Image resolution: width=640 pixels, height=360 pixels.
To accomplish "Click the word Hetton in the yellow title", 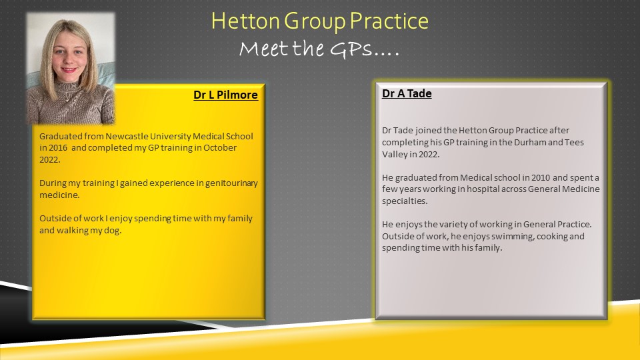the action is [246, 21].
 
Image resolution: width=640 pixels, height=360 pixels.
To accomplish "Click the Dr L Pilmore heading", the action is [226, 95].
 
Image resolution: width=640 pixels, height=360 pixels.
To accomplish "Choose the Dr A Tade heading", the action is [407, 93].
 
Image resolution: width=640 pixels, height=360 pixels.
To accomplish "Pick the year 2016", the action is [58, 148].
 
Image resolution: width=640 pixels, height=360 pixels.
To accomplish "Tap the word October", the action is [220, 148].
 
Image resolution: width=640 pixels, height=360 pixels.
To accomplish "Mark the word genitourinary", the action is [231, 184].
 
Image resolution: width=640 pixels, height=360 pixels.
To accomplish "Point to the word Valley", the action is [394, 155].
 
